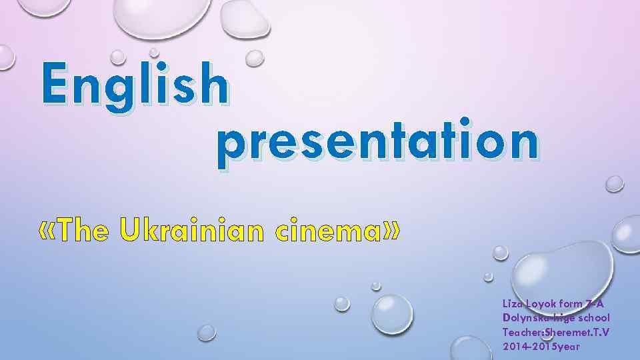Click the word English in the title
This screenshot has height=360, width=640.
tap(134, 85)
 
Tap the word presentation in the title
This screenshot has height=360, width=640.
tap(377, 143)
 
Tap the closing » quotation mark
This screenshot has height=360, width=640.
tap(393, 231)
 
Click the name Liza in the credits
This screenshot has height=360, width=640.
tap(513, 303)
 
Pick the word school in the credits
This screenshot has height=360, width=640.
tap(594, 317)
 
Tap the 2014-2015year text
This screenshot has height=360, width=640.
tap(541, 347)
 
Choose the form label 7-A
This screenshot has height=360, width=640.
tap(594, 303)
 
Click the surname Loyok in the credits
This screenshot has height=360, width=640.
tap(543, 303)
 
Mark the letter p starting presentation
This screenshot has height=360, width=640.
tap(231, 148)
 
